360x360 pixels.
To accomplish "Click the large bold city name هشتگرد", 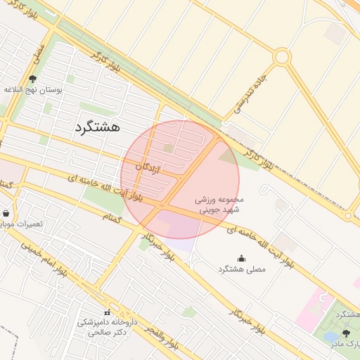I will (96, 127).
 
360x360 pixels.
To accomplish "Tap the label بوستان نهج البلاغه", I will (34, 90).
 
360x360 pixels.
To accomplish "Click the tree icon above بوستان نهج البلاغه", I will (32, 79).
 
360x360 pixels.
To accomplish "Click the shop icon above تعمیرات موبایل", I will (6, 213).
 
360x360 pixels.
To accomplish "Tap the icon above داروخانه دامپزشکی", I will (108, 311).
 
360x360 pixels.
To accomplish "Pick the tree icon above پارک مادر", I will (345, 333).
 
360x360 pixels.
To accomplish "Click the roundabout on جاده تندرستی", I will (282, 56).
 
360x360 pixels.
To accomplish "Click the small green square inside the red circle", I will (168, 148).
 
